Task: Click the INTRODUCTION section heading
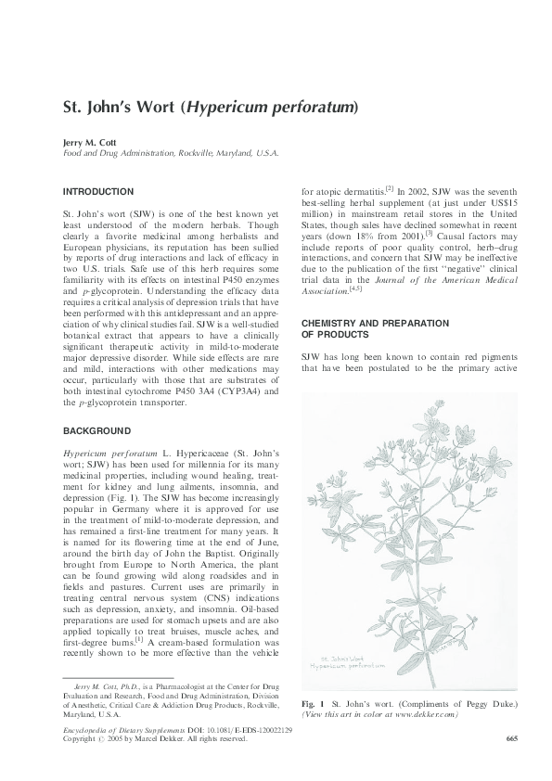point(97,191)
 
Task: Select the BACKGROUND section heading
point(96,431)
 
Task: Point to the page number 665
point(511,737)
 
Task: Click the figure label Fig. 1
point(313,705)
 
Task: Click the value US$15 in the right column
point(500,199)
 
